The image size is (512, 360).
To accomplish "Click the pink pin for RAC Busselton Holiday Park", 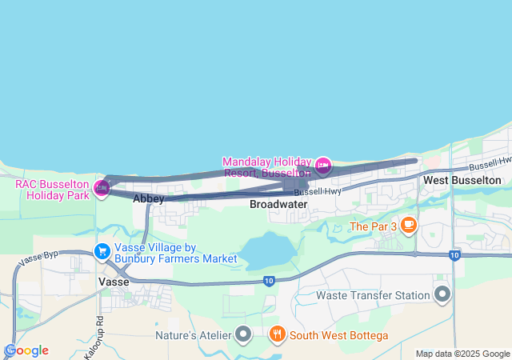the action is [102, 188].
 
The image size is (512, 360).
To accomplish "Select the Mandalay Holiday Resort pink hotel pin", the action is [323, 166].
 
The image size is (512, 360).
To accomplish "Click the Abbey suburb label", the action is [149, 198].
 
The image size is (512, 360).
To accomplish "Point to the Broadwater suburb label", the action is [278, 204].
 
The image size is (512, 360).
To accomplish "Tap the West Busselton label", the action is [462, 180].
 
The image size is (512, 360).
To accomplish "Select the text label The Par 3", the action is [373, 226].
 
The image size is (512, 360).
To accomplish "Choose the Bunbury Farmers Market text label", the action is [175, 258].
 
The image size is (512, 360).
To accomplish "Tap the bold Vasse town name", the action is [114, 282].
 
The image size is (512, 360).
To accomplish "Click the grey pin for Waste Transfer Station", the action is [442, 295].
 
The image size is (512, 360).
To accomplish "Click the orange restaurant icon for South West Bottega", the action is [277, 334].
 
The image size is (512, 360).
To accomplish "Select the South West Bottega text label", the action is [339, 334].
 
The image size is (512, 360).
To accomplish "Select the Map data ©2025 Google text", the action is [462, 354].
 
